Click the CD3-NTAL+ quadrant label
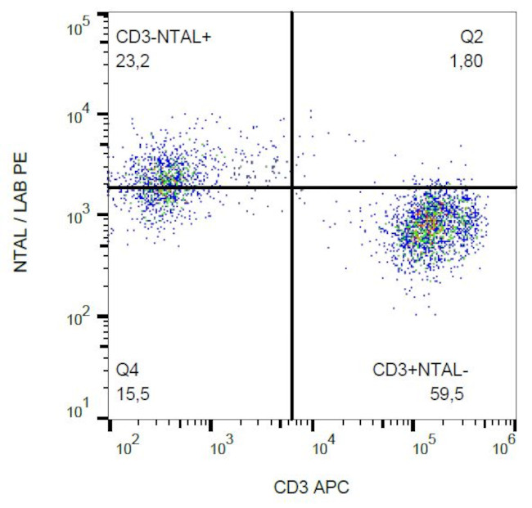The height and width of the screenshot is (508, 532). [164, 36]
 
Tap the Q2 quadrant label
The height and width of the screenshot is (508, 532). [472, 36]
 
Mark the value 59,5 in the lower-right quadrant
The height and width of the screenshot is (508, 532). [447, 394]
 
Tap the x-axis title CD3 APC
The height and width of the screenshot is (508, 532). [312, 488]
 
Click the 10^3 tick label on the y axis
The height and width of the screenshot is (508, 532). [77, 216]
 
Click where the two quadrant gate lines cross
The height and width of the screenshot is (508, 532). [292, 187]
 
